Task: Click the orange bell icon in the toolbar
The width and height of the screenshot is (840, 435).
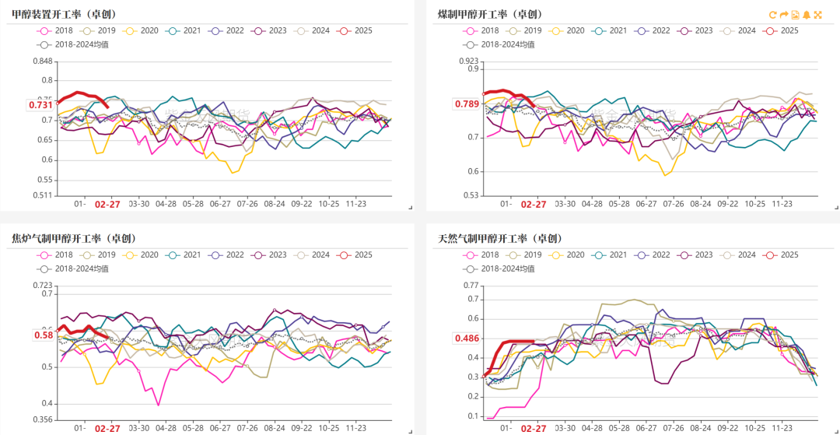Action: [807, 15]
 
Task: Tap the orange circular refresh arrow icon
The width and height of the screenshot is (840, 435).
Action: [773, 15]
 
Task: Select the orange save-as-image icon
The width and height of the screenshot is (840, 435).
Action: [796, 15]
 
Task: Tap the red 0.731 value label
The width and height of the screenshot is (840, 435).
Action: [40, 105]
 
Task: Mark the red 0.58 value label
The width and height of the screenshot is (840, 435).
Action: [44, 335]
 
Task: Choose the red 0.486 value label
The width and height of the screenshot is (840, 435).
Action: [467, 339]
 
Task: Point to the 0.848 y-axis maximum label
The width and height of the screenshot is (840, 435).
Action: [43, 61]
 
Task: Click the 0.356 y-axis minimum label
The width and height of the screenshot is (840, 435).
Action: [43, 420]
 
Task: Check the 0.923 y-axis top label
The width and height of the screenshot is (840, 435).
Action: [469, 60]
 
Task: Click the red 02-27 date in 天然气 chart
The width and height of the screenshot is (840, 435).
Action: [533, 428]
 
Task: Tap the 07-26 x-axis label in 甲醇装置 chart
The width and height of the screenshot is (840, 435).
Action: [247, 204]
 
